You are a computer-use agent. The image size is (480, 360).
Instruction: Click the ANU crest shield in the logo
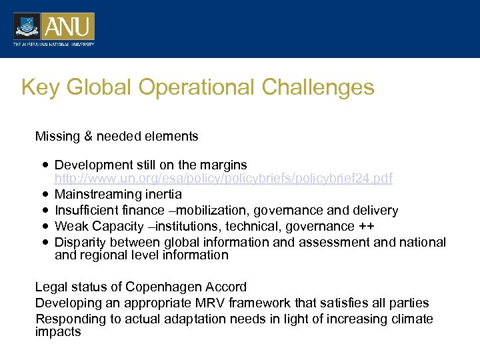27,27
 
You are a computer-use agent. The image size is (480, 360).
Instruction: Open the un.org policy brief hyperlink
223,179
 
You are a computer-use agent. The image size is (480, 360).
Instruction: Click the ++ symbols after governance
365,227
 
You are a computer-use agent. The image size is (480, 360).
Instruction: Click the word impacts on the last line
58,331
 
